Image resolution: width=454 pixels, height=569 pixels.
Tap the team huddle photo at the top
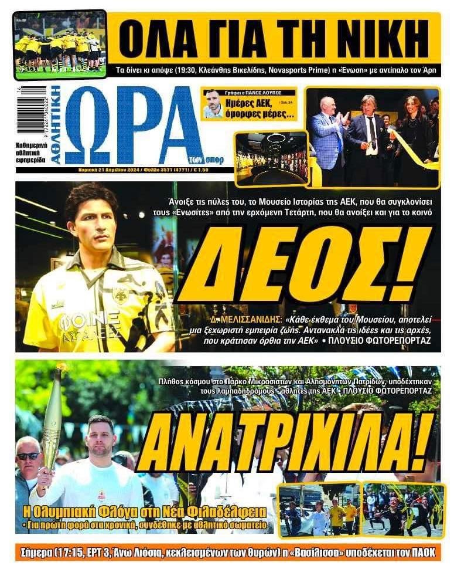60,45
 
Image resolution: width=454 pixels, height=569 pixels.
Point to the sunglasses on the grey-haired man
28,456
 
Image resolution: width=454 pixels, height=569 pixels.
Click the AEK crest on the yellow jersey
121,293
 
